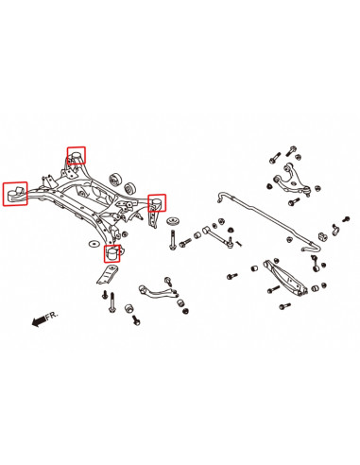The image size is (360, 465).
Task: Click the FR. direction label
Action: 52,316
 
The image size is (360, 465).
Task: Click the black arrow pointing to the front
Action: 39,321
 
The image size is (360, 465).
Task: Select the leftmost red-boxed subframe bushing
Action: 15,194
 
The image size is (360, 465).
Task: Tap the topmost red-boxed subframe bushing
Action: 77,155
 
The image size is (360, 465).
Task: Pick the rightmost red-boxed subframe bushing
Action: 157,203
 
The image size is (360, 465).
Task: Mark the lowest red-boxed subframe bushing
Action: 112,253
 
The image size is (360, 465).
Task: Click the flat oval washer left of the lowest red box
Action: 94,244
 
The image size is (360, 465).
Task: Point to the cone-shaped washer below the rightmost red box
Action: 173,220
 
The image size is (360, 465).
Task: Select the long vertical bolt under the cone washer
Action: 172,239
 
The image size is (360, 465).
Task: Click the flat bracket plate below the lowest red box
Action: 106,275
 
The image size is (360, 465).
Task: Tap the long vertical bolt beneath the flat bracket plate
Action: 111,302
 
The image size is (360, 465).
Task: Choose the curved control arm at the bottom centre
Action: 157,292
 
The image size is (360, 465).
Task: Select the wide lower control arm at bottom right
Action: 285,277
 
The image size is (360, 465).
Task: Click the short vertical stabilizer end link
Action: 316,263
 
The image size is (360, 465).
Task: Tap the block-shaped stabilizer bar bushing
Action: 322,235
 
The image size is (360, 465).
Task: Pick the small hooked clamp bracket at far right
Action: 334,230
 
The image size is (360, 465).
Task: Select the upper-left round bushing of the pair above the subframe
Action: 116,180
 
